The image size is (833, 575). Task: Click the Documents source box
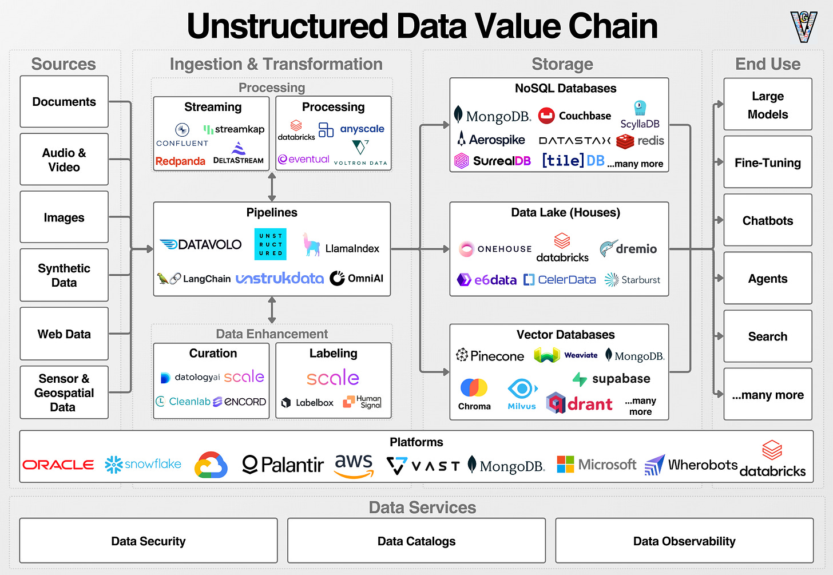[x=64, y=102]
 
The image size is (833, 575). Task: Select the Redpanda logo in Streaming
[x=180, y=161]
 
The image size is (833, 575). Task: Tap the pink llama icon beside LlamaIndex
[x=311, y=244]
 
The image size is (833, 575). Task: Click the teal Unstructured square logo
[x=270, y=244]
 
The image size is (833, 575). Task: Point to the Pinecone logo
[x=490, y=356]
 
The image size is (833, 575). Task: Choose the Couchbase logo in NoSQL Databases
[x=574, y=116]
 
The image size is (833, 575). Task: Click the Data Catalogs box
[x=416, y=541]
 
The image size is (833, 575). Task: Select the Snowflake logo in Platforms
[x=143, y=464]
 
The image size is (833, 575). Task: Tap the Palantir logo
[x=283, y=465]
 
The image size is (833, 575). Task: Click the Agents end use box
[x=767, y=279]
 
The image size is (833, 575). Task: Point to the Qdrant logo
[x=579, y=403]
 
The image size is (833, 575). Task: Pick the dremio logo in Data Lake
[x=628, y=249]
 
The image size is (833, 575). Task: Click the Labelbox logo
[x=307, y=403]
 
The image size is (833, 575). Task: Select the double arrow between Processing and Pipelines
[x=272, y=187]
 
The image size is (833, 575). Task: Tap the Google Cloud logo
[x=211, y=465]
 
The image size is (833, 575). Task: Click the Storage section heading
[x=562, y=64]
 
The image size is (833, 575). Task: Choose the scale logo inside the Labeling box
[x=333, y=378]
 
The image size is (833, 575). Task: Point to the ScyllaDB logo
[x=640, y=116]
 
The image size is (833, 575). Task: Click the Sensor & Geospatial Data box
[x=64, y=392]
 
